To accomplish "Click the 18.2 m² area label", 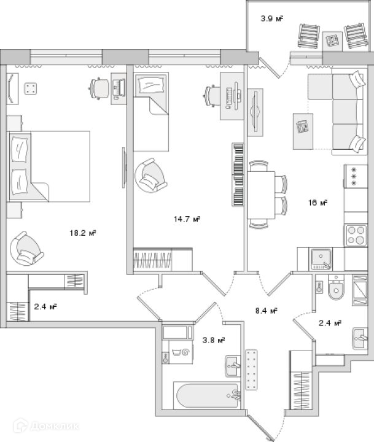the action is pos(85,233).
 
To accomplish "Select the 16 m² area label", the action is pos(318,203).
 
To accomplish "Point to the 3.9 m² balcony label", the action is pos(271,19).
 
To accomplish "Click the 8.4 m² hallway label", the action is pos(267,311).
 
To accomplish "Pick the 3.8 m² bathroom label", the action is pos(213,339).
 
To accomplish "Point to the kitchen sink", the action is pos(320,258).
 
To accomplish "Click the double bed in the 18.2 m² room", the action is pos(49,166).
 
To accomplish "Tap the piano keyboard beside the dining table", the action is pos(238,175).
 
